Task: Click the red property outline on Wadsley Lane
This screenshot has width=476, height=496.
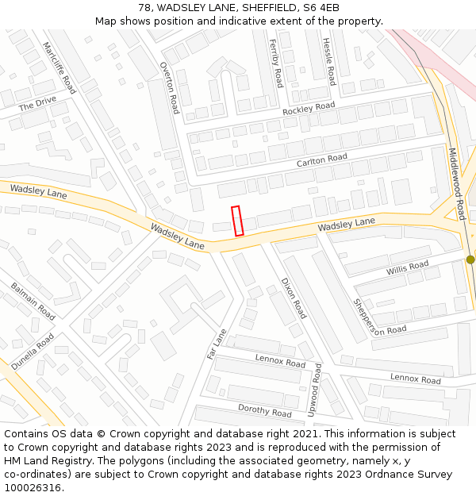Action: tap(237, 221)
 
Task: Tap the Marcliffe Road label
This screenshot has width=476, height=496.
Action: tap(59, 68)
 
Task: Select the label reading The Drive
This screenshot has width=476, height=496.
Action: tap(37, 104)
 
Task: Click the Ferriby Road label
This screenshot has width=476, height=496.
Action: tap(275, 63)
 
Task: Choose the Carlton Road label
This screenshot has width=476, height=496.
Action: tap(322, 160)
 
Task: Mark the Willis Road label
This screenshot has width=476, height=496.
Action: tap(407, 269)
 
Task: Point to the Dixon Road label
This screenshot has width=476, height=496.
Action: tap(293, 298)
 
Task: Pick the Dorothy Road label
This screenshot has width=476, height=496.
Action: tap(265, 410)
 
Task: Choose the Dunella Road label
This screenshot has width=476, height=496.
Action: tap(33, 351)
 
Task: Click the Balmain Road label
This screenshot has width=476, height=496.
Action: tap(33, 301)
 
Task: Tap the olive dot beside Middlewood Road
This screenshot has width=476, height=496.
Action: tap(470, 260)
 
